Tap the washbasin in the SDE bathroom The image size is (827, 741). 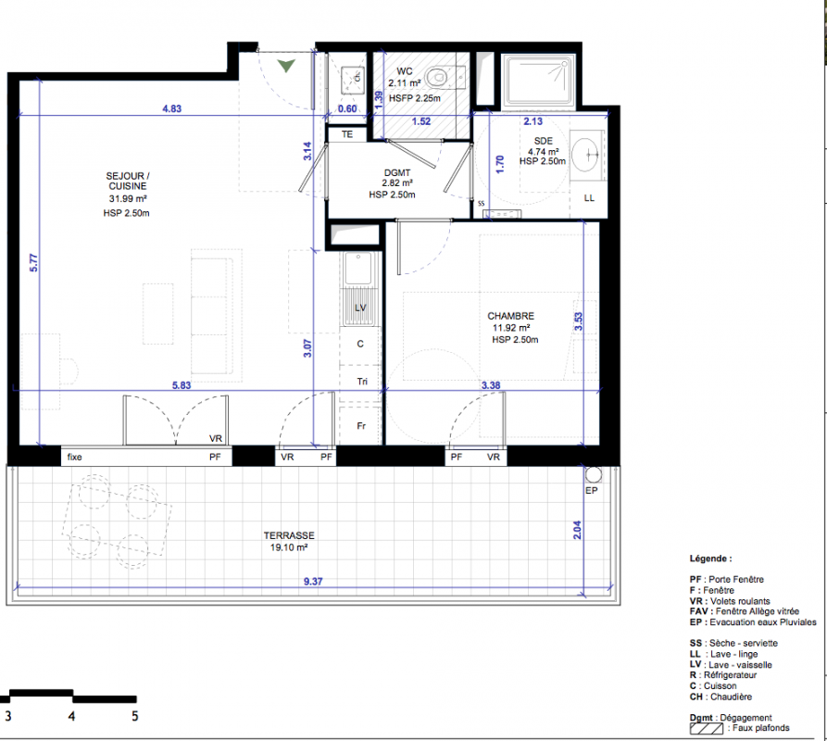point(585,154)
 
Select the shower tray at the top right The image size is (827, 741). point(538,82)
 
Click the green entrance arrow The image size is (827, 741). point(286,66)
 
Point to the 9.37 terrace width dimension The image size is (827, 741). point(313,581)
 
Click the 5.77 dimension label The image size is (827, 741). point(33,263)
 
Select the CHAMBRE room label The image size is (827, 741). point(510,316)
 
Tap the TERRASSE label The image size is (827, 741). point(289,535)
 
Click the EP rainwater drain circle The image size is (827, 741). point(594,474)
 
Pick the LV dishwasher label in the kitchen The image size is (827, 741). point(360,308)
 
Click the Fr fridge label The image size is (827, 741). point(361,426)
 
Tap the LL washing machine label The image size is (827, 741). point(589,198)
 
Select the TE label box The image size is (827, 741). point(347,134)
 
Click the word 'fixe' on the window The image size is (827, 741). point(74,457)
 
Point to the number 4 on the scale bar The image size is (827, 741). point(71,716)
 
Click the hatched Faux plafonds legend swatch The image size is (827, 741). point(707,729)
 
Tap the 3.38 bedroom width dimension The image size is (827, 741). point(491,385)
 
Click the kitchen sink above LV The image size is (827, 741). point(358,269)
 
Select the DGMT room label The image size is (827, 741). point(397,172)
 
